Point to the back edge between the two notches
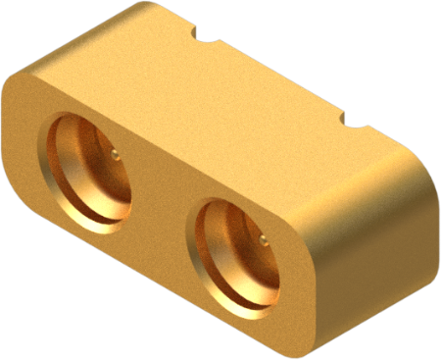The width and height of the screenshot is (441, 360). tap(279, 77)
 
